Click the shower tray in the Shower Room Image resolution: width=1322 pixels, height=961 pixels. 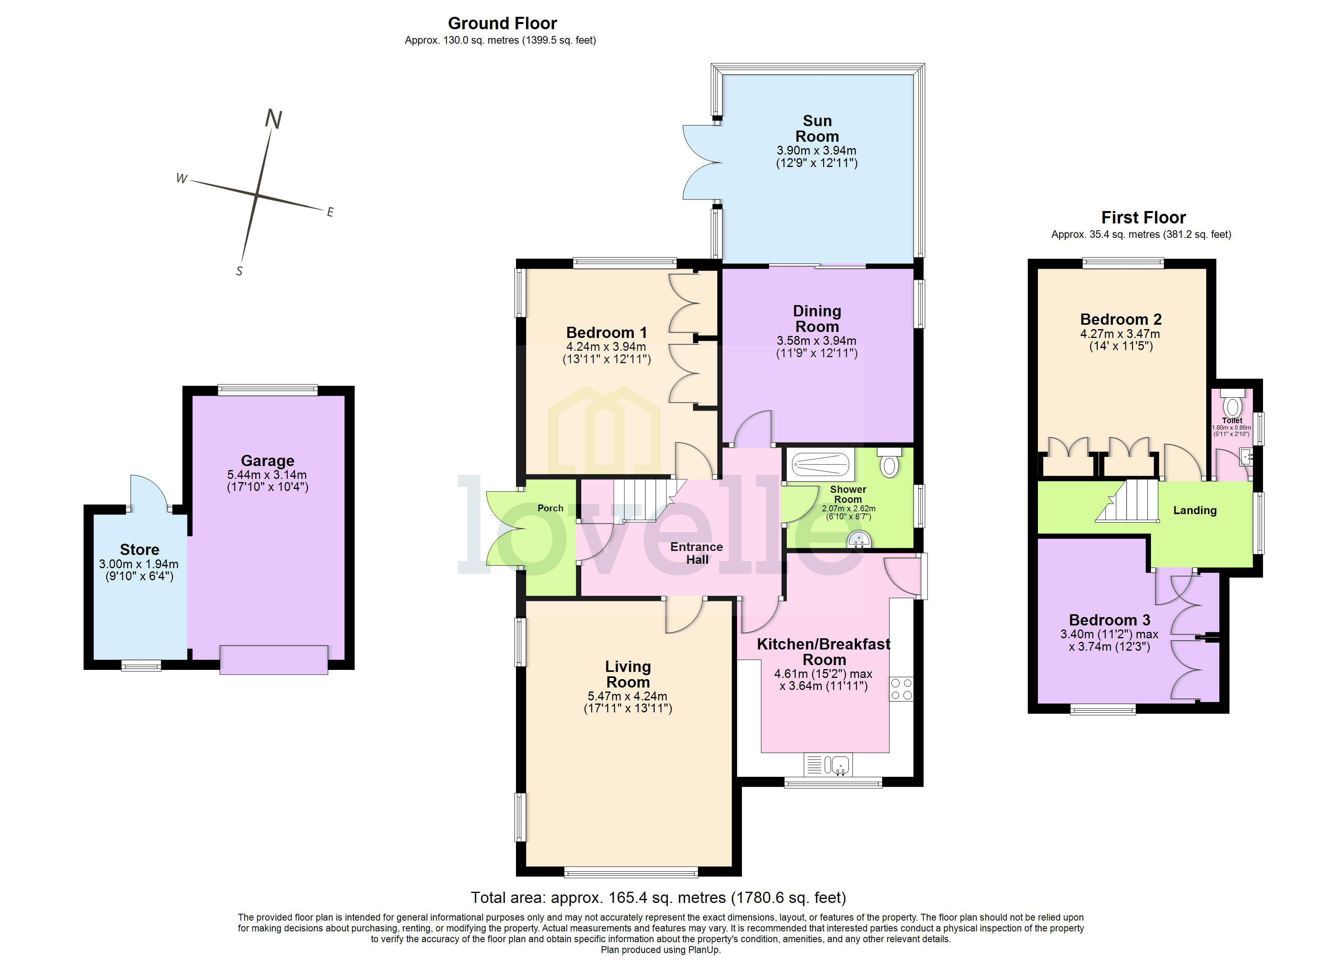(x=820, y=464)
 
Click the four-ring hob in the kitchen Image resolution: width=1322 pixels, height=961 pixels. (x=901, y=688)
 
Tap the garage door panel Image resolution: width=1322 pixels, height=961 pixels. (x=273, y=660)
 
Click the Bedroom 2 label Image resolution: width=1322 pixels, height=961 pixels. (x=1120, y=320)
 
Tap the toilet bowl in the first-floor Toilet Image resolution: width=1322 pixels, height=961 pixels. (x=1232, y=406)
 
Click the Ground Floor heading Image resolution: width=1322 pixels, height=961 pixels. (x=502, y=23)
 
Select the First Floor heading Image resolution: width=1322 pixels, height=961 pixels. (x=1143, y=217)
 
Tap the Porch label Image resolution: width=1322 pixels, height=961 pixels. (x=550, y=508)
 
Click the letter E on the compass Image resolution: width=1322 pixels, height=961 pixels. (x=330, y=212)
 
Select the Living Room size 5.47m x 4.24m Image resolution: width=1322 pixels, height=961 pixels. (x=627, y=696)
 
